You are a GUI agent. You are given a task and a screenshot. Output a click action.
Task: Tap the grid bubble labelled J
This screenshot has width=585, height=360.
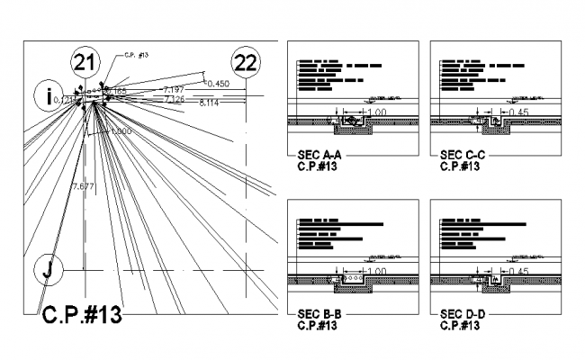point(49,269)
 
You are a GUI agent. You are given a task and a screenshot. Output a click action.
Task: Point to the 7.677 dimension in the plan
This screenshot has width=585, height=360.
point(83,185)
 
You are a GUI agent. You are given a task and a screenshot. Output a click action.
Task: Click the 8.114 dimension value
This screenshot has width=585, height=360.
point(209,103)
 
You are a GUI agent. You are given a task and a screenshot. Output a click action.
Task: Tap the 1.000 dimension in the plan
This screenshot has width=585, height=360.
point(120,131)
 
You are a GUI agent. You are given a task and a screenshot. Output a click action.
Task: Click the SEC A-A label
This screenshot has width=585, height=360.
point(319,155)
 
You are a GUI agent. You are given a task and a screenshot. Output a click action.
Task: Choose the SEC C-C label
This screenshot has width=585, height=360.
point(463,155)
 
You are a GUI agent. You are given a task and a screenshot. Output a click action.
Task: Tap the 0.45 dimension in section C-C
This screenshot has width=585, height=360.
point(518,112)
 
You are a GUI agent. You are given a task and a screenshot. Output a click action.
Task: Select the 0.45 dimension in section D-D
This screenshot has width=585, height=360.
point(518,270)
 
